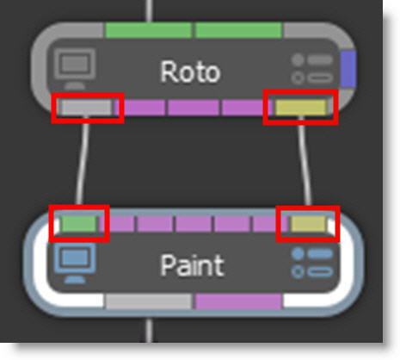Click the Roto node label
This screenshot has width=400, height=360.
tap(190, 71)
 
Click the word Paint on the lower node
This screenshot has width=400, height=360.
tap(192, 265)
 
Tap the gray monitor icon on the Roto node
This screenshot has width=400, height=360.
tap(75, 69)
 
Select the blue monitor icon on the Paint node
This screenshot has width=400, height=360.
tap(75, 264)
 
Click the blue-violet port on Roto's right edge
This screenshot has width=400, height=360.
tap(348, 69)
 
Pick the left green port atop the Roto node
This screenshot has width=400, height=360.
tap(149, 30)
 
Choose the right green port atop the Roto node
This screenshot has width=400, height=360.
tap(238, 30)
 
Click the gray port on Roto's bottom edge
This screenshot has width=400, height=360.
tap(86, 108)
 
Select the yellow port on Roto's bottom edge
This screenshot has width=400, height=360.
tap(300, 108)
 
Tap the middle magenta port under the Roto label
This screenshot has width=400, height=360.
tap(194, 108)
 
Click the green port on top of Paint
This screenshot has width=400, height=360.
tap(78, 224)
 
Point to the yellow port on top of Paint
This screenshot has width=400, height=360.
tap(309, 224)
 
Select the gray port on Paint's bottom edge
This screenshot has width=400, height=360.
tap(149, 301)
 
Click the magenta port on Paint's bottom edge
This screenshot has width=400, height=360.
tap(238, 301)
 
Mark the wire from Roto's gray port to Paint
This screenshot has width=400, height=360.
tap(83, 161)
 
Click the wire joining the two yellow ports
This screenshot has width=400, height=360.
tap(305, 161)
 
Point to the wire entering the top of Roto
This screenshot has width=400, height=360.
tap(149, 11)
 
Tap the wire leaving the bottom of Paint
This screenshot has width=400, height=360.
tap(149, 330)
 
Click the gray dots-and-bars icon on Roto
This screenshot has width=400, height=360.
tap(312, 69)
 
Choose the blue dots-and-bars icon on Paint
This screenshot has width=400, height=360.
tap(312, 263)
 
